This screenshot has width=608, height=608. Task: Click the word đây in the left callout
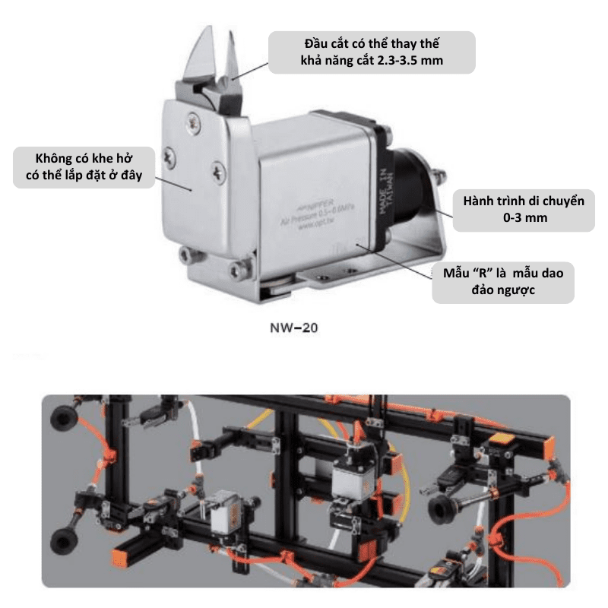138,179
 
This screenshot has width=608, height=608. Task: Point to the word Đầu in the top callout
298,41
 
